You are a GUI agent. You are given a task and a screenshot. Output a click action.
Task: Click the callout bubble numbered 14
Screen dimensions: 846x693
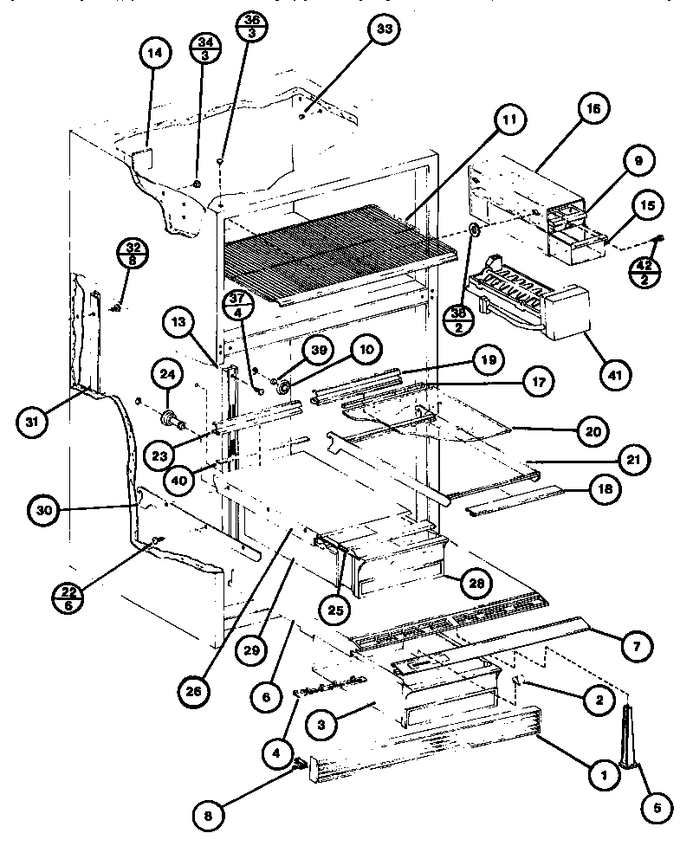[153, 55]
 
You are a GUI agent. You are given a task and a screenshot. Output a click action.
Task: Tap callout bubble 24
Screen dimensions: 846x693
[166, 375]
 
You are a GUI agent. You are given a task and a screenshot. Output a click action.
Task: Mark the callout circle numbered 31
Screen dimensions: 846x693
[34, 423]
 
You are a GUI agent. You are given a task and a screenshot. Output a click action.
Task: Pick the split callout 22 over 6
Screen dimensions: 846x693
[70, 597]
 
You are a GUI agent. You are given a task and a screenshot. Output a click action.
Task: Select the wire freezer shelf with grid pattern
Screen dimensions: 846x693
[338, 247]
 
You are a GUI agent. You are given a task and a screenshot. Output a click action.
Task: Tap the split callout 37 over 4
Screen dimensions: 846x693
[240, 308]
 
